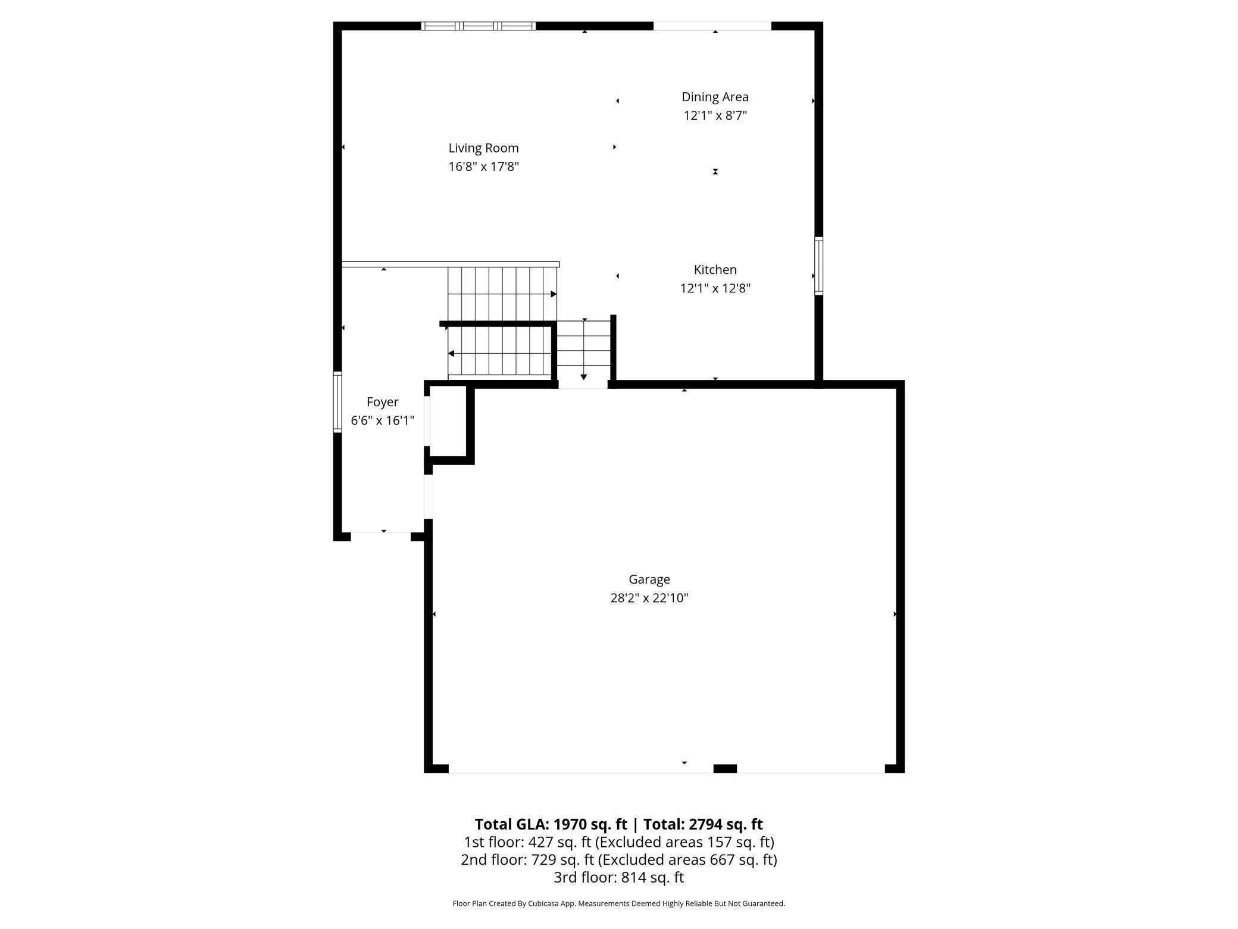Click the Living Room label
tap(483, 148)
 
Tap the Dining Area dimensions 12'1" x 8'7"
tap(715, 116)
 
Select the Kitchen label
tap(715, 270)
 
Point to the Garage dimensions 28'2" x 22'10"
tap(649, 598)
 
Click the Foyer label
tap(382, 402)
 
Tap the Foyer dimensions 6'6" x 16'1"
tap(382, 420)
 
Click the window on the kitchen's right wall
tap(818, 266)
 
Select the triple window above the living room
tap(478, 26)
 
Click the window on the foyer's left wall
tap(337, 401)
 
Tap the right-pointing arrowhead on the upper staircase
tap(554, 294)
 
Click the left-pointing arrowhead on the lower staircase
tap(451, 354)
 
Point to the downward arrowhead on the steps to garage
tap(584, 377)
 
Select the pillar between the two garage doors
tap(724, 768)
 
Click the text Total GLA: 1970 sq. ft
tap(551, 824)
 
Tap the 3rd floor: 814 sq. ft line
tap(618, 877)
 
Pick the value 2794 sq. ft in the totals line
tap(726, 824)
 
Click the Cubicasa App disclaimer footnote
tap(618, 903)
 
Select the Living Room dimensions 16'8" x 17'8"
tap(483, 167)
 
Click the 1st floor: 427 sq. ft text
tap(527, 842)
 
